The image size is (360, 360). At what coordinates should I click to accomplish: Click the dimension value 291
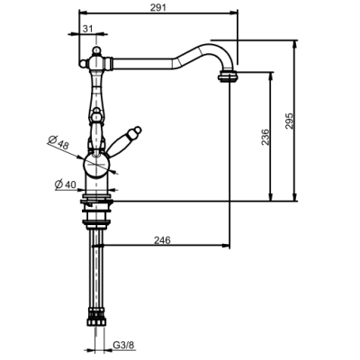158,7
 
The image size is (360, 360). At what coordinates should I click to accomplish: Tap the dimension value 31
87,29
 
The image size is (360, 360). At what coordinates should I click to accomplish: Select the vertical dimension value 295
288,121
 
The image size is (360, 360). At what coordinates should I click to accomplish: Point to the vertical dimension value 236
265,137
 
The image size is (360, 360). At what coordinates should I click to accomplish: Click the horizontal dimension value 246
162,240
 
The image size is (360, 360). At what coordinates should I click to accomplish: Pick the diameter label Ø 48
58,142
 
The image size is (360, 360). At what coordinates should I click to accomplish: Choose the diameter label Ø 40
66,184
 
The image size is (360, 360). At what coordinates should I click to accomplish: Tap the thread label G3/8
123,346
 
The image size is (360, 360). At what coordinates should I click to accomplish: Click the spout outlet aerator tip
228,76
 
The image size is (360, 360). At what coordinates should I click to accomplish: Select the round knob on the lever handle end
137,130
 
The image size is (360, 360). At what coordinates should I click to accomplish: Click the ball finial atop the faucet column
96,50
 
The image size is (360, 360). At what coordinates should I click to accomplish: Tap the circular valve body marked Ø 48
97,165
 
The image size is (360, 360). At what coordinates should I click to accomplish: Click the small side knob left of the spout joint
83,63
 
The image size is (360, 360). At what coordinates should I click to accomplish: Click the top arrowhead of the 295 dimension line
295,44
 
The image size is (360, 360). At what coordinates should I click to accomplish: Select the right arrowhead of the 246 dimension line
226,245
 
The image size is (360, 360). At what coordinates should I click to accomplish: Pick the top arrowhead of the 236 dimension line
271,76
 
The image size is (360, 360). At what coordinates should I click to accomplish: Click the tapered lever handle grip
120,144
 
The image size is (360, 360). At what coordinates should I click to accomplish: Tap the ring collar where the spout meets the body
110,63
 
